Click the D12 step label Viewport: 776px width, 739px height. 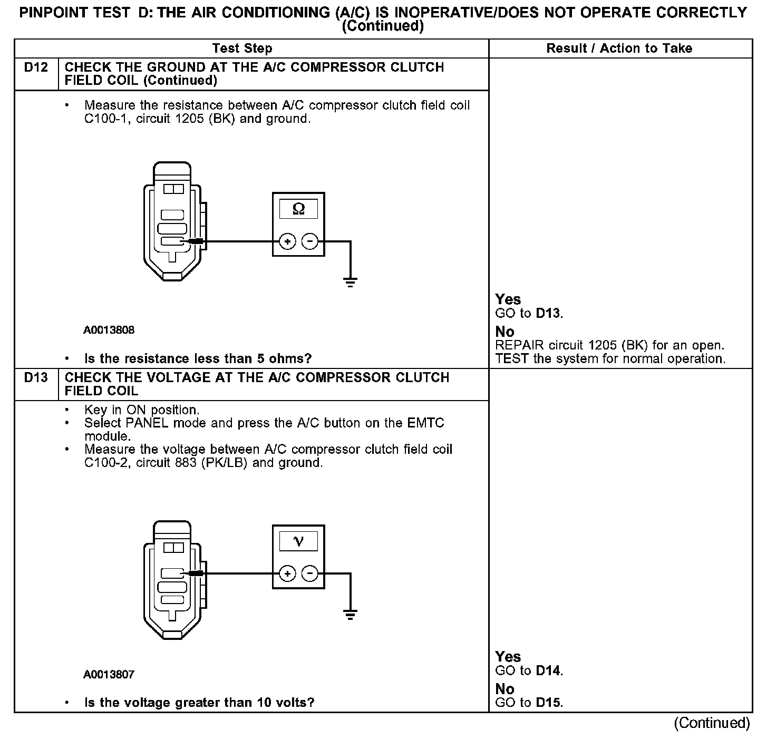(x=36, y=67)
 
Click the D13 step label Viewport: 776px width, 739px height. (x=36, y=378)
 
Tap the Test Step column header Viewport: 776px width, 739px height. (x=242, y=48)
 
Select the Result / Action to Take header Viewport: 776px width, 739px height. (x=619, y=48)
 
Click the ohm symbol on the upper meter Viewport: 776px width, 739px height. (x=298, y=209)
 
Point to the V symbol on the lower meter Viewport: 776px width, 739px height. (x=298, y=541)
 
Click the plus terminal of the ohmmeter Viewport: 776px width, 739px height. (x=287, y=242)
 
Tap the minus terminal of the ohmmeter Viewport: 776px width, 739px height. (x=310, y=242)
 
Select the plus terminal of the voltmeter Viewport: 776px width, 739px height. (x=287, y=573)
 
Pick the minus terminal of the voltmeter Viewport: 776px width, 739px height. (x=310, y=573)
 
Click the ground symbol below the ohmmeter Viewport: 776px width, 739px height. (x=351, y=281)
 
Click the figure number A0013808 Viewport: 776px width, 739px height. (x=109, y=330)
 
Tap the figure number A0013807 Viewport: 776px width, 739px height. (x=109, y=674)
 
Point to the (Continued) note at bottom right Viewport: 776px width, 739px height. (x=712, y=723)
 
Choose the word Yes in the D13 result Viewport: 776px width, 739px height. (x=508, y=657)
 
